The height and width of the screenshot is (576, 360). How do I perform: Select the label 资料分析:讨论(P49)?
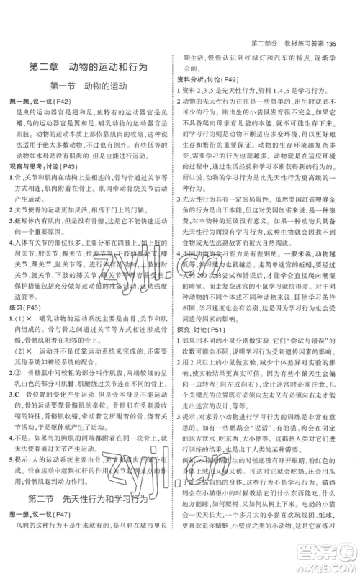pos(214,79)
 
